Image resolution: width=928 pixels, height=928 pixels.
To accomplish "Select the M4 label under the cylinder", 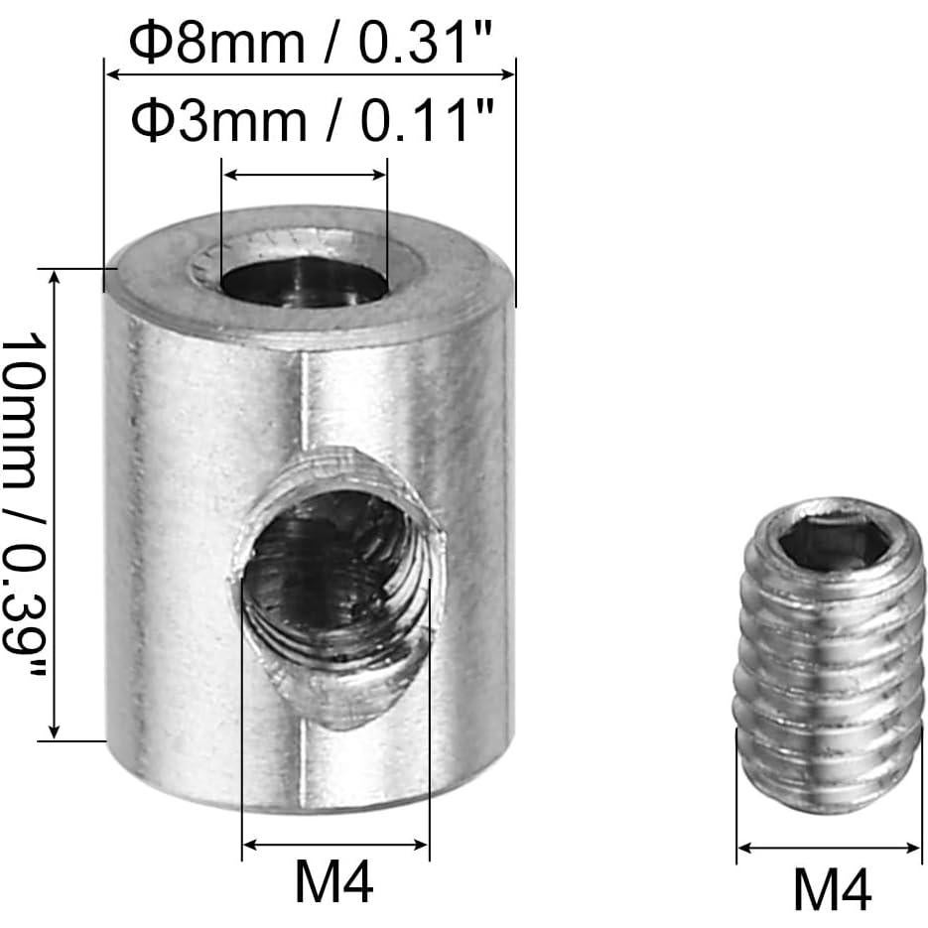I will pyautogui.click(x=335, y=882).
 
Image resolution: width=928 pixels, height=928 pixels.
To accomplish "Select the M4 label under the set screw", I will pyautogui.click(x=832, y=888).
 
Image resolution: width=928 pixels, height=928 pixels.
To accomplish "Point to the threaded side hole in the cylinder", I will pyautogui.click(x=337, y=586).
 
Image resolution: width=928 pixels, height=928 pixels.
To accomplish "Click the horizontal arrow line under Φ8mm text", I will pyautogui.click(x=310, y=72).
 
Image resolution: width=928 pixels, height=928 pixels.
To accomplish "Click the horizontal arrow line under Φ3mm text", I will pyautogui.click(x=304, y=176).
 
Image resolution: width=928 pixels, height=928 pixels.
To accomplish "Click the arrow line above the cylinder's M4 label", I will pyautogui.click(x=335, y=845).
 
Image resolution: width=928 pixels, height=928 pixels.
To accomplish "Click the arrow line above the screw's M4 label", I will pyautogui.click(x=829, y=849).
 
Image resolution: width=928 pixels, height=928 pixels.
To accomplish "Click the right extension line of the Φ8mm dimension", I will pyautogui.click(x=516, y=179).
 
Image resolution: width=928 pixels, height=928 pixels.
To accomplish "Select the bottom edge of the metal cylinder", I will pyautogui.click(x=308, y=806).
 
